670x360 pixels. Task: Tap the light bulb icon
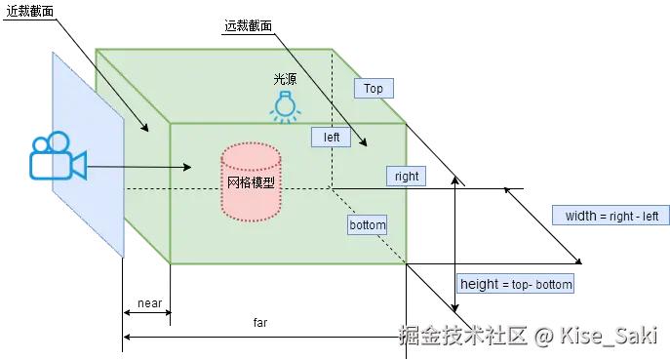[x=284, y=105]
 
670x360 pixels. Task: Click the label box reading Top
[x=374, y=89]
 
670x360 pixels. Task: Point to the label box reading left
[x=332, y=138]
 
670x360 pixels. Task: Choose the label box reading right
[x=407, y=177]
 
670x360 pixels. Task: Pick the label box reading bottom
[x=368, y=225]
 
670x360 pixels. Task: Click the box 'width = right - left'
[x=611, y=216]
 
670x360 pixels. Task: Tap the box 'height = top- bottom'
[x=517, y=285]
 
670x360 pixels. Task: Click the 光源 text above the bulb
[x=284, y=78]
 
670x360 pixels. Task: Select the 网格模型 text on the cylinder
[x=251, y=183]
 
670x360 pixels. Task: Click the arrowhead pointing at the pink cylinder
[x=216, y=167]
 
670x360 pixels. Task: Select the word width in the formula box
[x=580, y=216]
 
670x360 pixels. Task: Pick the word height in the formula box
[x=480, y=285]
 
